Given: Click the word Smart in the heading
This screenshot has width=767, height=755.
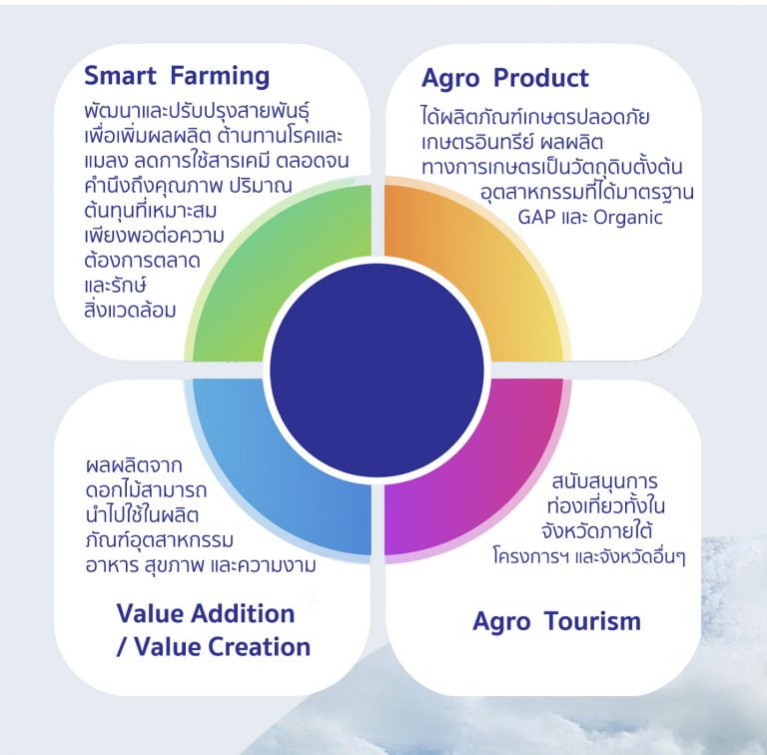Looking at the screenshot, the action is [x=120, y=76].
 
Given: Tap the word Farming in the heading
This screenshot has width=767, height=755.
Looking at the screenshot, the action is [x=220, y=77].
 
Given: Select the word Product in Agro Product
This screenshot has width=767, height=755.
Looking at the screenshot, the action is [x=541, y=78].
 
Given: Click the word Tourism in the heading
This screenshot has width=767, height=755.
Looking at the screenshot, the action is [x=592, y=621].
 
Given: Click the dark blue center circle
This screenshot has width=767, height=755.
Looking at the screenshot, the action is [x=377, y=371].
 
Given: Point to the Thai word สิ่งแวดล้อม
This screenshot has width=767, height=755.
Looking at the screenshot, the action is [x=130, y=310].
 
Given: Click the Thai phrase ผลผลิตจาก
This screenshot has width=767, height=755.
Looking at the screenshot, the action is [x=134, y=465].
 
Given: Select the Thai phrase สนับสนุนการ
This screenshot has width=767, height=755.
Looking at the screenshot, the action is [x=604, y=481].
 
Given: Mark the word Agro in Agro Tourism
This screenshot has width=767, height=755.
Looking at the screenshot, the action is [x=501, y=622].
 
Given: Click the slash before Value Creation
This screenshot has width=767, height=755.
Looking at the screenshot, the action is [x=121, y=646].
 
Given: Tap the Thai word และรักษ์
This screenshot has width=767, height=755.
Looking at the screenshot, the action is [x=116, y=285].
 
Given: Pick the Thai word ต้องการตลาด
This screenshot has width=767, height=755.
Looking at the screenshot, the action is [x=143, y=260].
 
